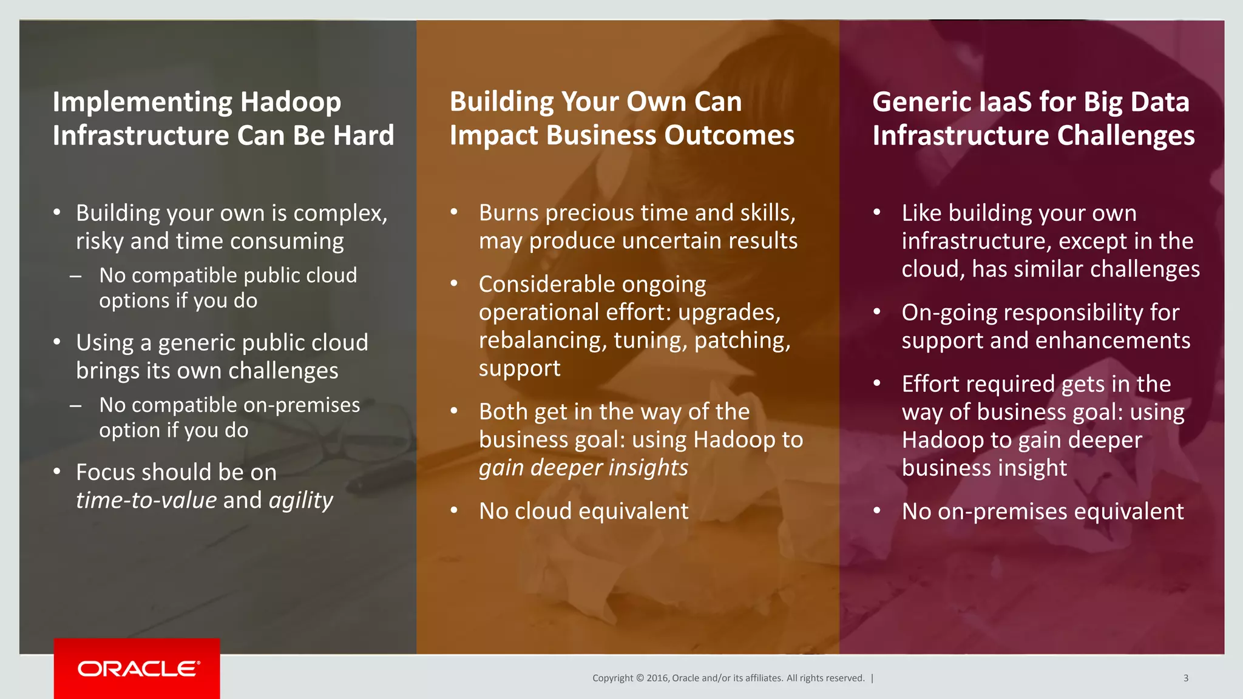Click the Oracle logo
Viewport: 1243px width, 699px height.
tap(138, 669)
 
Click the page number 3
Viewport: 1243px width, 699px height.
tap(1185, 678)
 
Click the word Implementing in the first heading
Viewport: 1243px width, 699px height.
tap(141, 102)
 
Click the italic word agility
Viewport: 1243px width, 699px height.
tap(301, 501)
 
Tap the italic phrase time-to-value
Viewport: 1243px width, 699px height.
tap(146, 501)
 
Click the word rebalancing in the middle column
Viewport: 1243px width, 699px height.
tap(542, 340)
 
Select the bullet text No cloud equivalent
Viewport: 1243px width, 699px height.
tap(583, 511)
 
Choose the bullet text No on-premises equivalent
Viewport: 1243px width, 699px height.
tap(1042, 512)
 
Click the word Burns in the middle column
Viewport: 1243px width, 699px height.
tap(509, 213)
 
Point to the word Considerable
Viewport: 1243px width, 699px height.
tap(592, 284)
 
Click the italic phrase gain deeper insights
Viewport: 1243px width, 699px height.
tap(583, 468)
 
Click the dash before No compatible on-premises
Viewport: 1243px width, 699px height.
tap(75, 405)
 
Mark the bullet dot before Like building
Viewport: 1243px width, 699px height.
tap(876, 212)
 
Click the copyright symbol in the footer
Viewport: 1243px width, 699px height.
tap(639, 678)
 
